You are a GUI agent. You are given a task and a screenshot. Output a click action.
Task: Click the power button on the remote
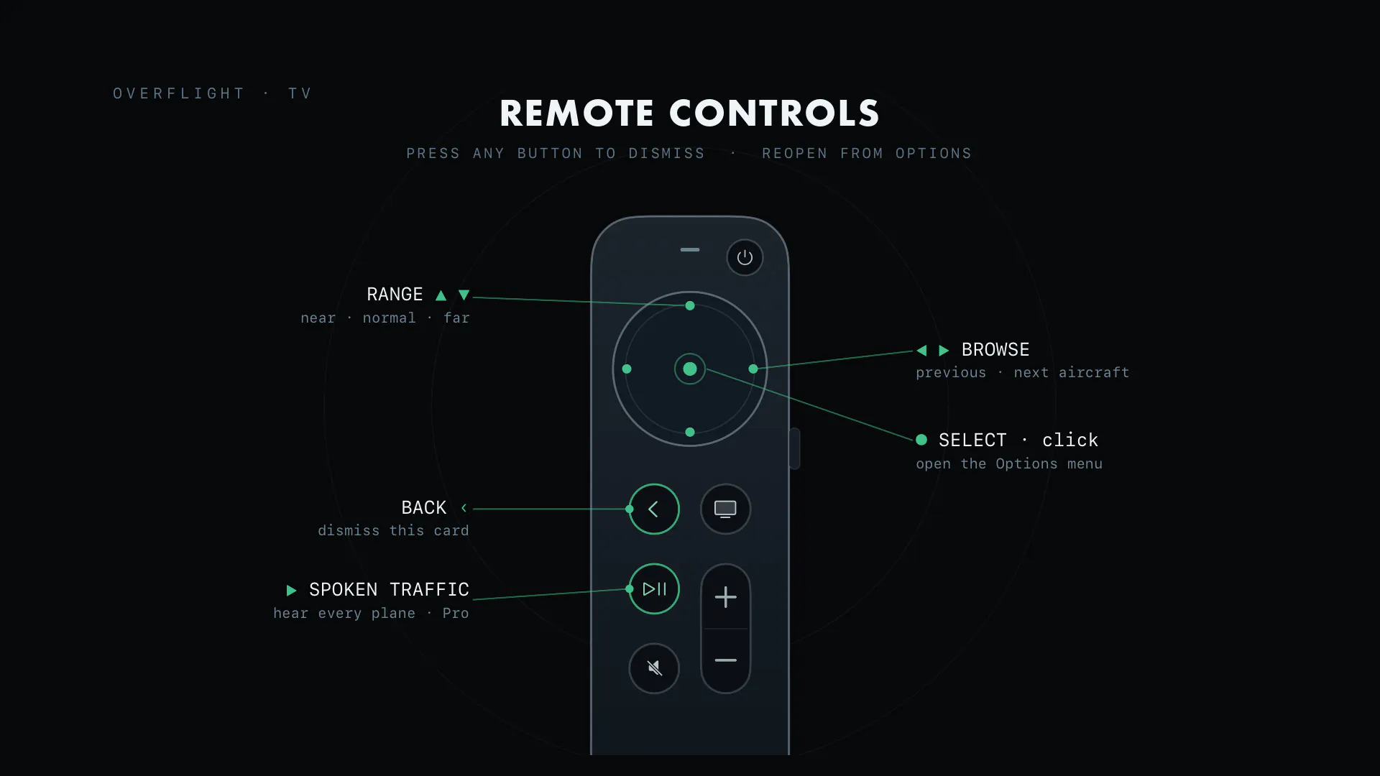pyautogui.click(x=745, y=257)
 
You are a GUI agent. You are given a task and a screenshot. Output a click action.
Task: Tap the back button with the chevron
pyautogui.click(x=654, y=509)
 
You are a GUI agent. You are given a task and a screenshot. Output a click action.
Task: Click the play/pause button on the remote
pyautogui.click(x=654, y=589)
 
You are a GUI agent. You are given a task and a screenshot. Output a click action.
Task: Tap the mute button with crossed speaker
pyautogui.click(x=654, y=668)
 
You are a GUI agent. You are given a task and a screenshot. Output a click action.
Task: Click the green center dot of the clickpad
pyautogui.click(x=690, y=369)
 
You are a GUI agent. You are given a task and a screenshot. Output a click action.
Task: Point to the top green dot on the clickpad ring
pyautogui.click(x=690, y=305)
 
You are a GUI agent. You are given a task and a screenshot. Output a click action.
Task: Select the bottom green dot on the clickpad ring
pyautogui.click(x=690, y=432)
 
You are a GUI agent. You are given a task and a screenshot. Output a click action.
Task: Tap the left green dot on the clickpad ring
pyautogui.click(x=627, y=369)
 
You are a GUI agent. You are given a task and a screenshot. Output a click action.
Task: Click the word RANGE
pyautogui.click(x=395, y=295)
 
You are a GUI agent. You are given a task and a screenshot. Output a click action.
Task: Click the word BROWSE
pyautogui.click(x=995, y=350)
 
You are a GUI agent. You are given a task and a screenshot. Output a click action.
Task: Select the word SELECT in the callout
pyautogui.click(x=972, y=440)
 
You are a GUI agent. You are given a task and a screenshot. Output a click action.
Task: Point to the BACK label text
pyautogui.click(x=424, y=508)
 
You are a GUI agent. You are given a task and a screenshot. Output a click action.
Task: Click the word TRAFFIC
pyautogui.click(x=429, y=590)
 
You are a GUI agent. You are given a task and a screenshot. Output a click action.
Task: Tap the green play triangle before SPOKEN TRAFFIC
pyautogui.click(x=291, y=591)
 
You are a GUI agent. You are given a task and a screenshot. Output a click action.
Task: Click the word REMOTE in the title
pyautogui.click(x=577, y=114)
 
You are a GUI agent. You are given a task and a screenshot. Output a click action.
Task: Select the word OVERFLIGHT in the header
pyautogui.click(x=179, y=93)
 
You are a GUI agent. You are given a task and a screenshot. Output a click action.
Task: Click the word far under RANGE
pyautogui.click(x=456, y=318)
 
